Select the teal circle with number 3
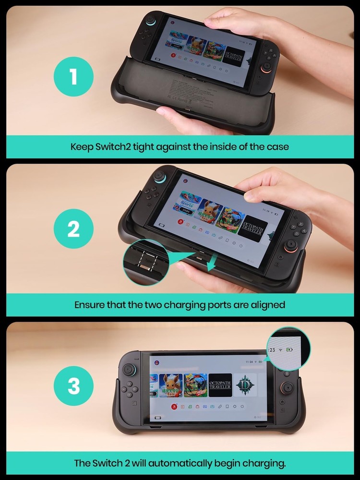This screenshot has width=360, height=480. pyautogui.click(x=73, y=387)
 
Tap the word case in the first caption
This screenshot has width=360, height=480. pyautogui.click(x=278, y=146)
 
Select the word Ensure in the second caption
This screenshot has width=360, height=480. pyautogui.click(x=90, y=305)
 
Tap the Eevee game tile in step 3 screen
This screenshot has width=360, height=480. pyautogui.click(x=170, y=385)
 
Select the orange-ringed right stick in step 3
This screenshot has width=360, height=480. pyautogui.click(x=288, y=387)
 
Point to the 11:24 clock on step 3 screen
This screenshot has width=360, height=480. pyautogui.click(x=249, y=361)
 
